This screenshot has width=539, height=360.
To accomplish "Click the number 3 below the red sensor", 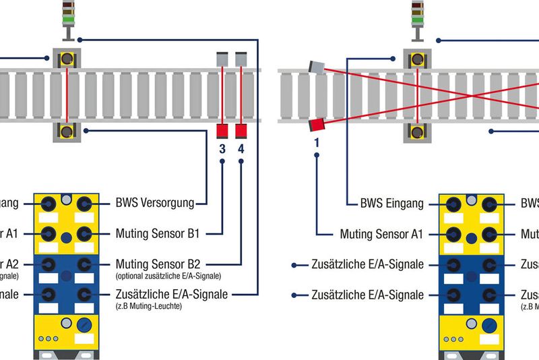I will [x=222, y=148].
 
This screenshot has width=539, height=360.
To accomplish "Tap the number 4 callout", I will [x=241, y=148].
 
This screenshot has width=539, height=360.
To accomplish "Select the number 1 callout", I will [x=315, y=142].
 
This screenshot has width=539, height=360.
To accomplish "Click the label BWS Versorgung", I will [x=155, y=202].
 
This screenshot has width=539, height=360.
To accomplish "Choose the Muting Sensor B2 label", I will [x=159, y=263].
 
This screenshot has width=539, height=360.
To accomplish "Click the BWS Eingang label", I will [x=391, y=203].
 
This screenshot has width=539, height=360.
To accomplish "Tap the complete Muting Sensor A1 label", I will [x=381, y=234].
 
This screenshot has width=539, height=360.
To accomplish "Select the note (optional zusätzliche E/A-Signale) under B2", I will [x=168, y=276].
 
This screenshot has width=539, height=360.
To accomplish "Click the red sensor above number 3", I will [x=222, y=130].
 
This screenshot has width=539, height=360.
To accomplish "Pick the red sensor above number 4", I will [x=241, y=130].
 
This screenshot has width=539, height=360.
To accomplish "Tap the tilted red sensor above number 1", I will [x=317, y=124].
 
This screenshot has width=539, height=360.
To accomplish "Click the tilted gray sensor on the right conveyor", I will [x=315, y=66].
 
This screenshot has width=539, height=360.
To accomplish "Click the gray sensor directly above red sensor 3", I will [x=222, y=59].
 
